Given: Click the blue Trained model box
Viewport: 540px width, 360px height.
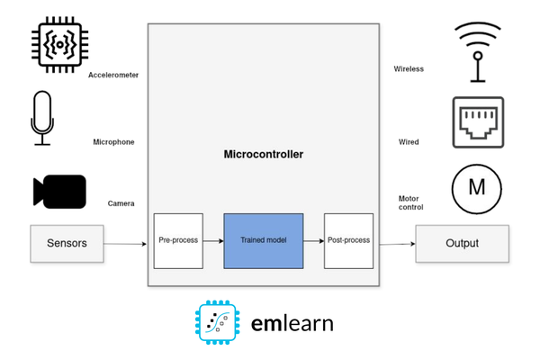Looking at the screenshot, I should (x=263, y=240).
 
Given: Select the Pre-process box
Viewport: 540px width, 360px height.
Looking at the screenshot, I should (x=178, y=240).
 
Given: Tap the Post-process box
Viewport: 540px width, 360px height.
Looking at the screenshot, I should (x=348, y=240).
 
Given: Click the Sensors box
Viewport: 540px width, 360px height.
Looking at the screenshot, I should (x=67, y=243).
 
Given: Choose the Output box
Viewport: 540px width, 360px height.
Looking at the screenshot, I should (x=462, y=243).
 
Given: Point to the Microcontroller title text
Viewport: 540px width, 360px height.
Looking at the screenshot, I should (x=263, y=155).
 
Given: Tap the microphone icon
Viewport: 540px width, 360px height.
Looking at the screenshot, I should (x=42, y=117).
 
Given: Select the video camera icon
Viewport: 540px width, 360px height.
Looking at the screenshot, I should (x=59, y=192).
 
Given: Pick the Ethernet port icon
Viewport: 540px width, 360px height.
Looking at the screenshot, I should (x=478, y=122).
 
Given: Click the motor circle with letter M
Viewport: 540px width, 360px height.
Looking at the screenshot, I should (x=477, y=188).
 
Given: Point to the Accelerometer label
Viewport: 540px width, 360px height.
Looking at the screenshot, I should (x=113, y=76).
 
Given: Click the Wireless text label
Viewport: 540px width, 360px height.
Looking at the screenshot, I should (x=409, y=69).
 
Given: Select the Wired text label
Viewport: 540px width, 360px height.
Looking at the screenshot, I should (x=409, y=142).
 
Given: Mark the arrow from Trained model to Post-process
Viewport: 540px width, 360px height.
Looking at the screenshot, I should (x=313, y=241).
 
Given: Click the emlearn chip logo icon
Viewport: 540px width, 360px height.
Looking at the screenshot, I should (x=218, y=322).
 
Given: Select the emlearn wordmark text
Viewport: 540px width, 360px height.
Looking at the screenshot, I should (x=292, y=322).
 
